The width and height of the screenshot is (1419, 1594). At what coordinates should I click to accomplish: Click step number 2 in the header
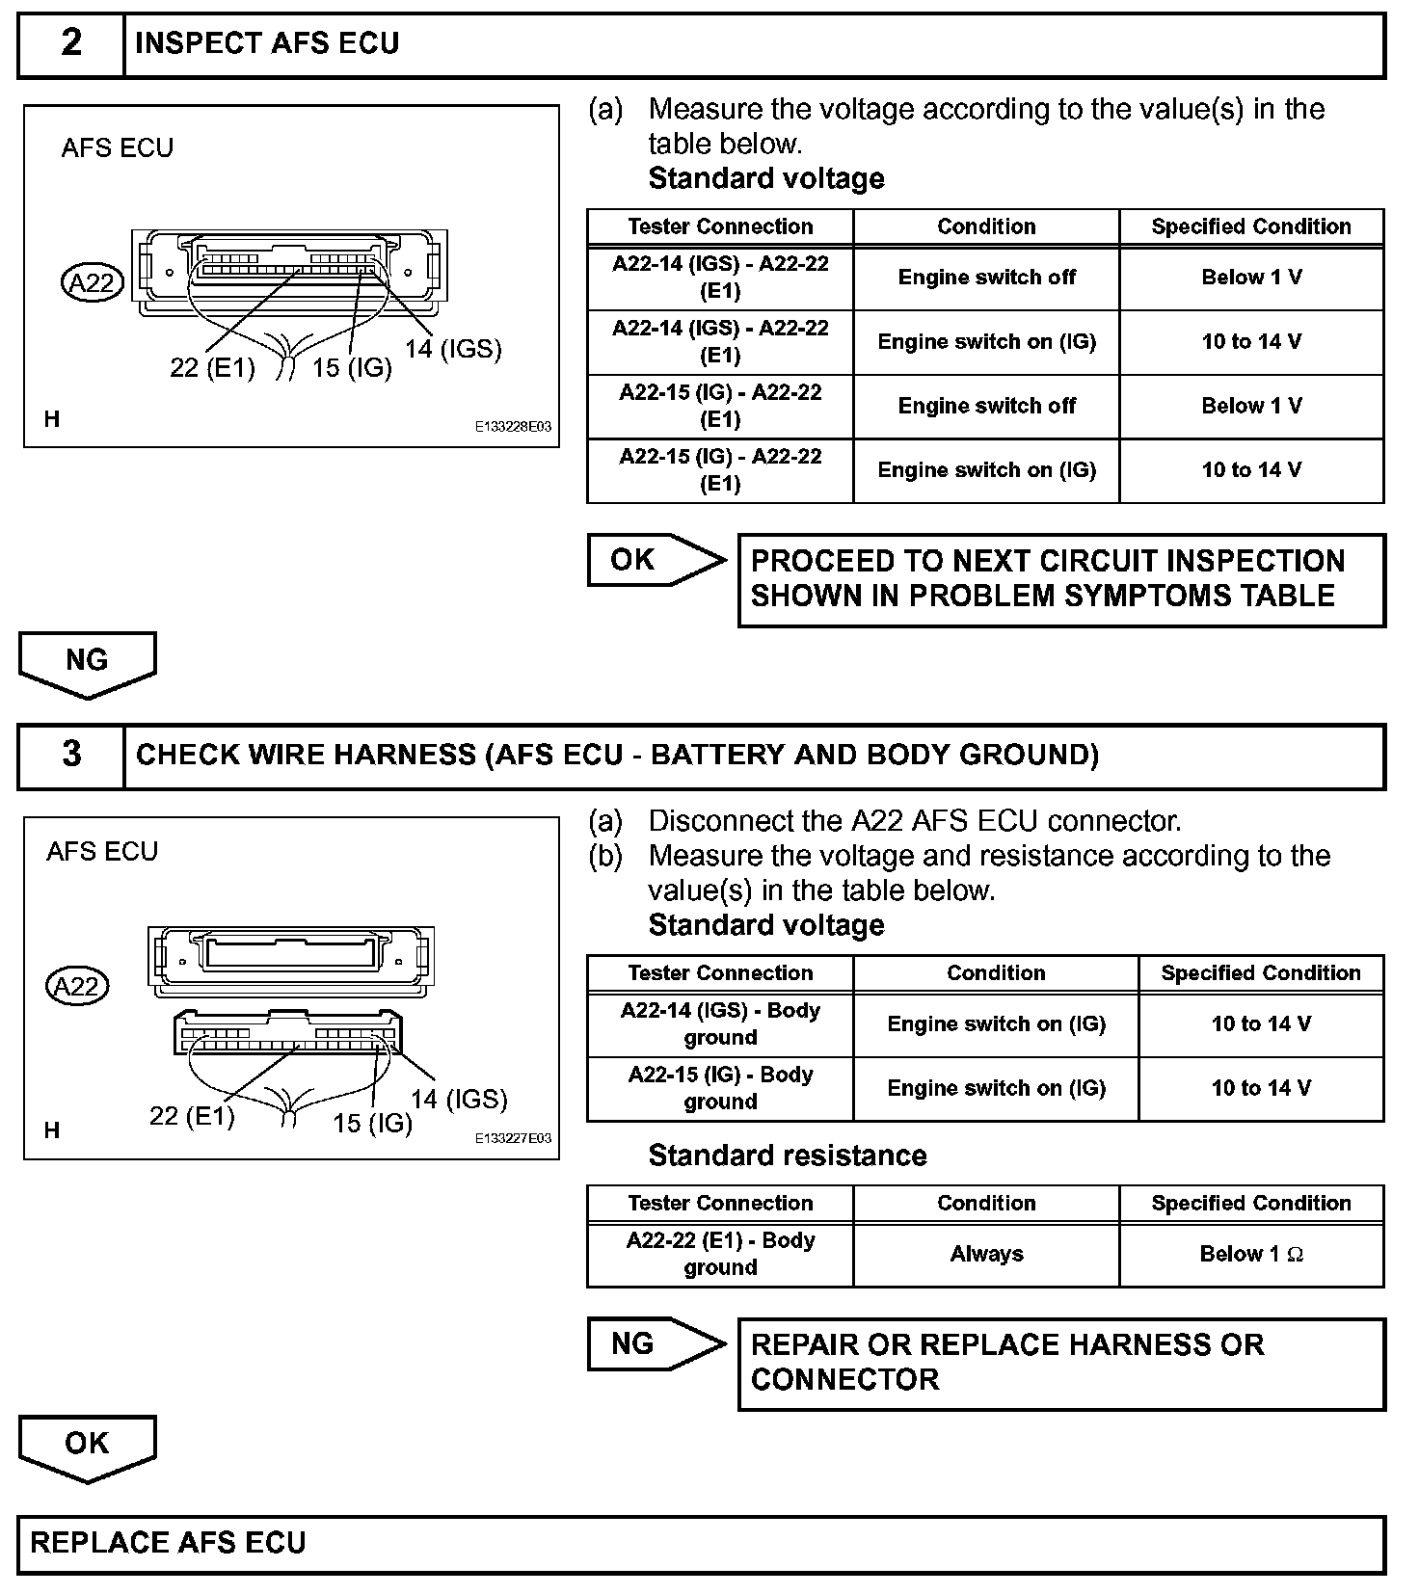click(x=71, y=43)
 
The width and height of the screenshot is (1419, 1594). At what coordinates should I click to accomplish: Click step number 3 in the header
click(x=71, y=755)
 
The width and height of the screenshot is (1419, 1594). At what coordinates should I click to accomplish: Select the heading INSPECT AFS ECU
click(x=267, y=43)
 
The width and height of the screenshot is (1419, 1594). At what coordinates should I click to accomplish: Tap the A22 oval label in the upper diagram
click(x=93, y=283)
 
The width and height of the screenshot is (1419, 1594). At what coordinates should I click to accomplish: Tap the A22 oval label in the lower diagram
click(x=78, y=987)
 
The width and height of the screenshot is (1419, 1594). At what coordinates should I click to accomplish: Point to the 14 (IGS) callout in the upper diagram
click(x=453, y=349)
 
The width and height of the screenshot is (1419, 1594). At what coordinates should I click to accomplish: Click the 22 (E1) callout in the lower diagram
click(x=192, y=1116)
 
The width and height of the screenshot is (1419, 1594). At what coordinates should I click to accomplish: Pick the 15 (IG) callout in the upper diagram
click(x=352, y=368)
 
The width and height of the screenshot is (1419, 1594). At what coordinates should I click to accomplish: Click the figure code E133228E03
click(x=513, y=427)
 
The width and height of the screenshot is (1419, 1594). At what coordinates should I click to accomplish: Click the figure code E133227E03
click(x=513, y=1138)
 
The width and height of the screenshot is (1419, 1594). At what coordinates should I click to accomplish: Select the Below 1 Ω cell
click(x=1251, y=1255)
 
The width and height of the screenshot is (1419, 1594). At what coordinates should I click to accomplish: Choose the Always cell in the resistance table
click(x=986, y=1255)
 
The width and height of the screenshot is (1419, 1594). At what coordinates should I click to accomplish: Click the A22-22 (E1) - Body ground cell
click(x=720, y=1255)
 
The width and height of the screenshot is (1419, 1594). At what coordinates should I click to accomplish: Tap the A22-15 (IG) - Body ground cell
click(x=720, y=1089)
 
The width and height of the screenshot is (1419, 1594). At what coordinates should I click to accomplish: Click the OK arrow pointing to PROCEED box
click(x=656, y=560)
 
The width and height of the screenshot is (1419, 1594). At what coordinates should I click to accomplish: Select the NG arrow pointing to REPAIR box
click(x=656, y=1344)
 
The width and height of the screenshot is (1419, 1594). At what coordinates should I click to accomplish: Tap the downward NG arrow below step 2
click(x=87, y=663)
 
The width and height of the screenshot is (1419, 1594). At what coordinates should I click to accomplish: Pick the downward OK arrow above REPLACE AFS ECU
click(x=87, y=1447)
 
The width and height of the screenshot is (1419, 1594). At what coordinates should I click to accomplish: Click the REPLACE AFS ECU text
click(x=168, y=1543)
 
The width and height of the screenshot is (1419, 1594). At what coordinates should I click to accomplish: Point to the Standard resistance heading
click(x=788, y=1156)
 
